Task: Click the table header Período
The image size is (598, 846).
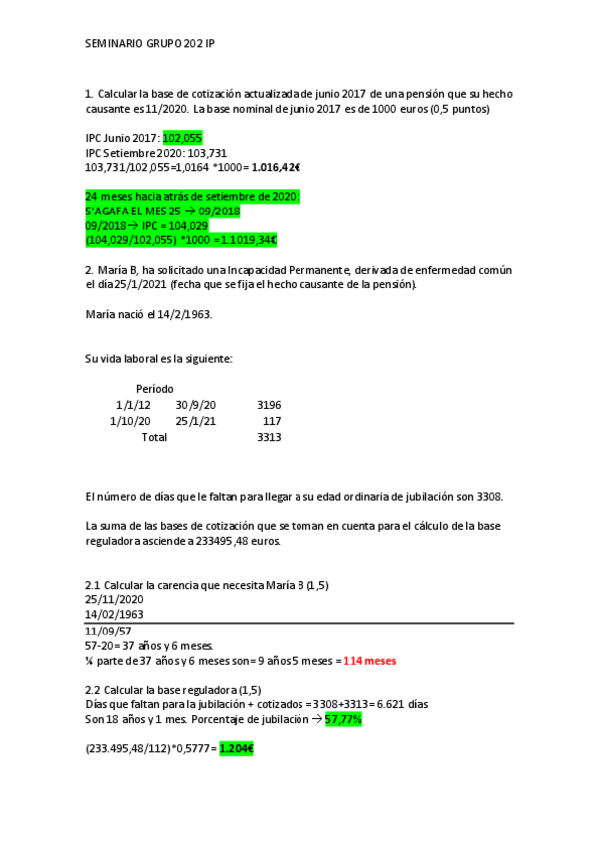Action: pos(154,388)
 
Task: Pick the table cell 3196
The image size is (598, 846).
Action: pos(269,405)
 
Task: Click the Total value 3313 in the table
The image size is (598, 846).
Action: pos(269,437)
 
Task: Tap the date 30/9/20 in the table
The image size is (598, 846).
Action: pos(195,405)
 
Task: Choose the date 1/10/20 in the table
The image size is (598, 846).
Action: pos(130,421)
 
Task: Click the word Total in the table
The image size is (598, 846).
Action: pos(154,437)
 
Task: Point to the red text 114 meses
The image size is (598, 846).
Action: pos(369,660)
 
